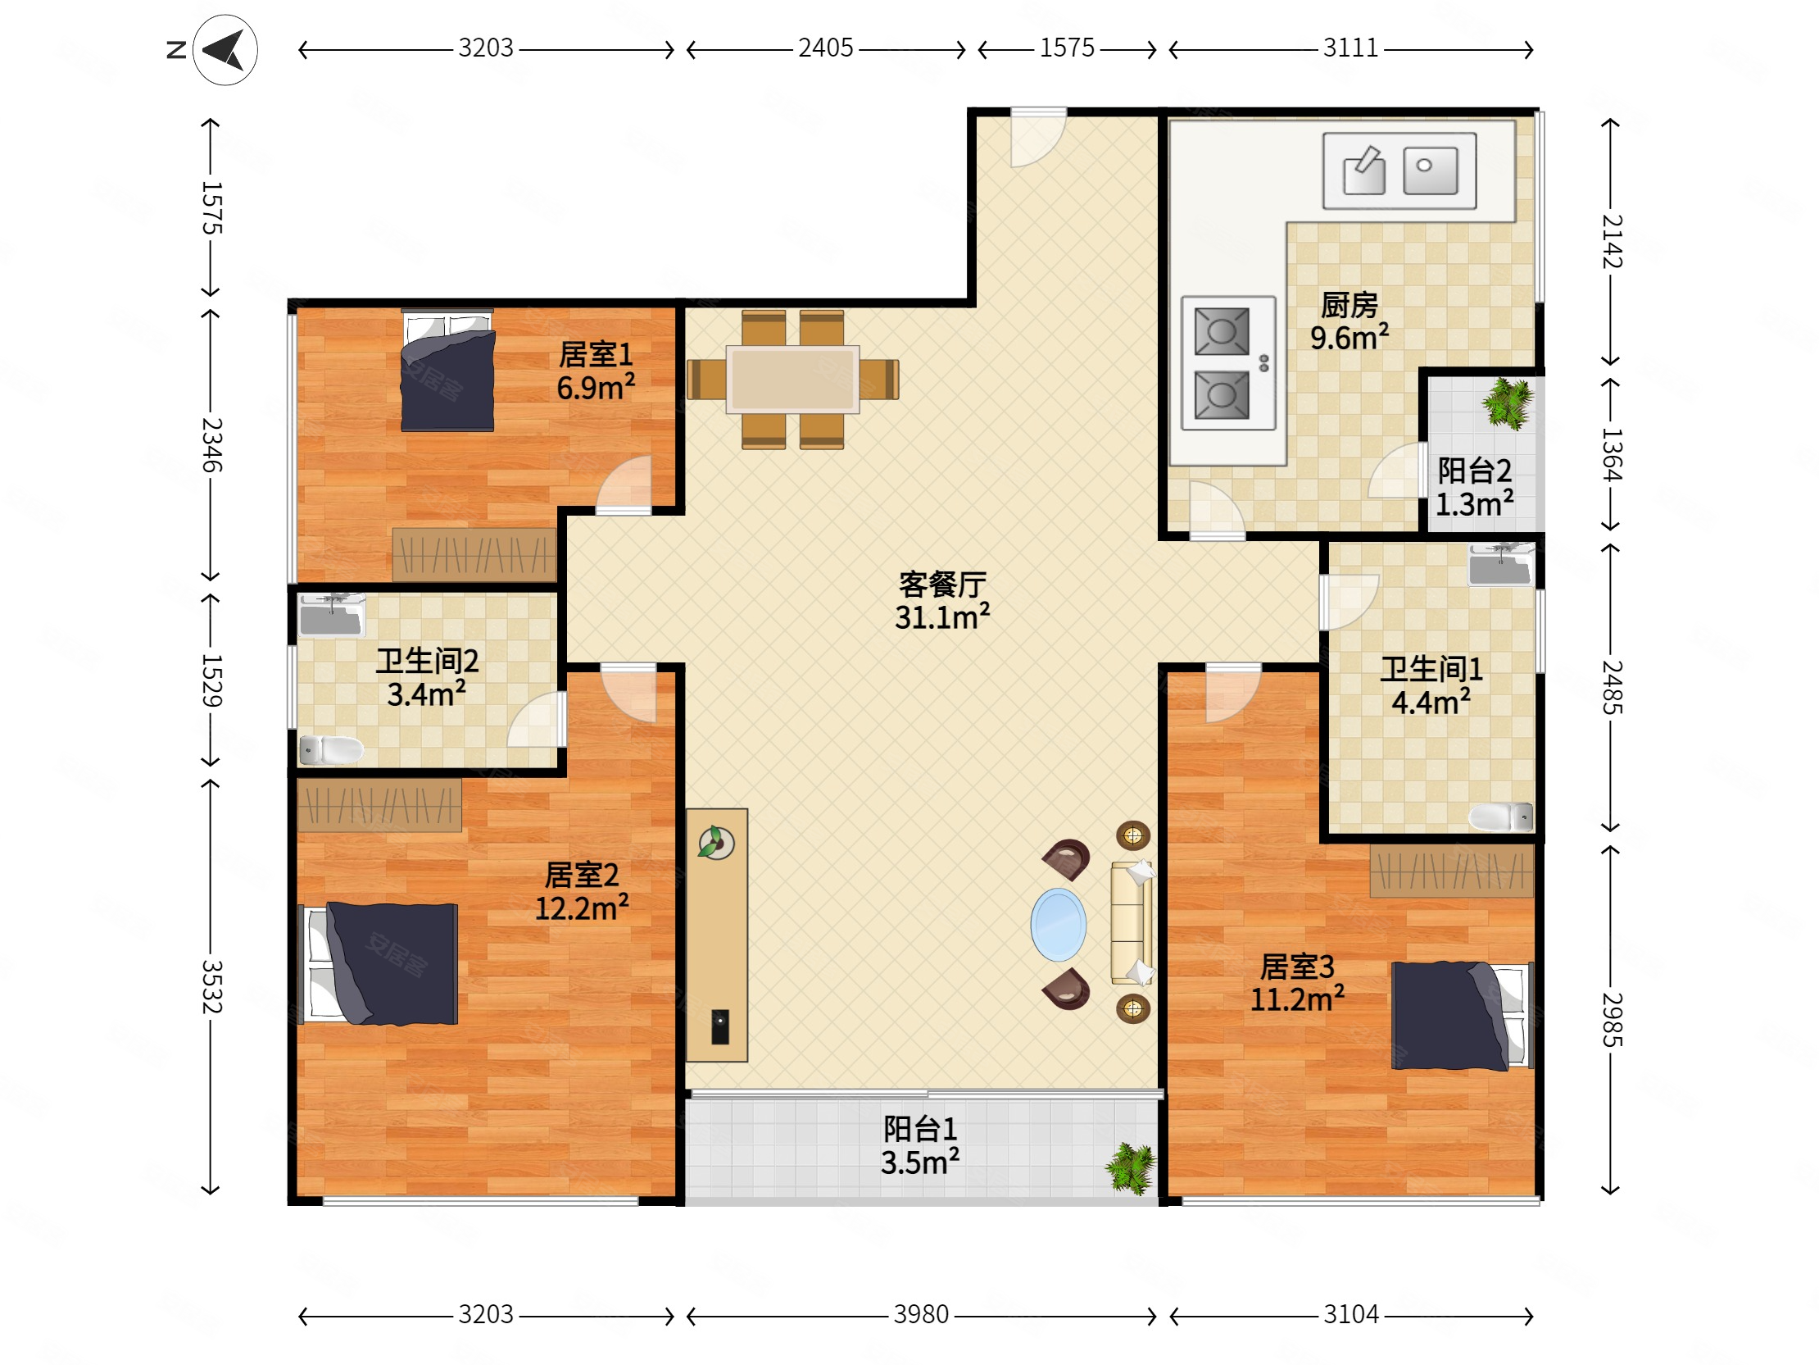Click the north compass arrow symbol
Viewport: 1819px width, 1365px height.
[225, 50]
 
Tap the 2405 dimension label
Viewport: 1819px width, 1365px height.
[826, 48]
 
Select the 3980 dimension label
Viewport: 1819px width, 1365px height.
[921, 1314]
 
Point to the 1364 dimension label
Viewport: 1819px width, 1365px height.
[1611, 454]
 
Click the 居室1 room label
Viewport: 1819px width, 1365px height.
[597, 355]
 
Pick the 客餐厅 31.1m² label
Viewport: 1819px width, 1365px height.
[942, 601]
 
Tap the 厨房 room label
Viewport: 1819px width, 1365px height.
[1350, 305]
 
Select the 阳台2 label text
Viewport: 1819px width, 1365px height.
[1474, 471]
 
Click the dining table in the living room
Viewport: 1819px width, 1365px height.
[792, 380]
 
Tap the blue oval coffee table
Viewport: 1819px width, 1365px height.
[1059, 925]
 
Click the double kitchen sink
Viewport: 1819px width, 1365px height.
[1399, 171]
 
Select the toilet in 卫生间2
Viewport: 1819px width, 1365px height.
[330, 749]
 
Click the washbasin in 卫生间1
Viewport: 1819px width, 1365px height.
[1502, 564]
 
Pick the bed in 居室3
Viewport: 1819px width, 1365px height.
[1462, 1016]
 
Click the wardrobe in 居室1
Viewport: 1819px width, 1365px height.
[474, 554]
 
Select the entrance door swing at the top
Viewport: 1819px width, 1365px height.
[1038, 138]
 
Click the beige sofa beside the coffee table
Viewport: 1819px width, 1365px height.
[1132, 922]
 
